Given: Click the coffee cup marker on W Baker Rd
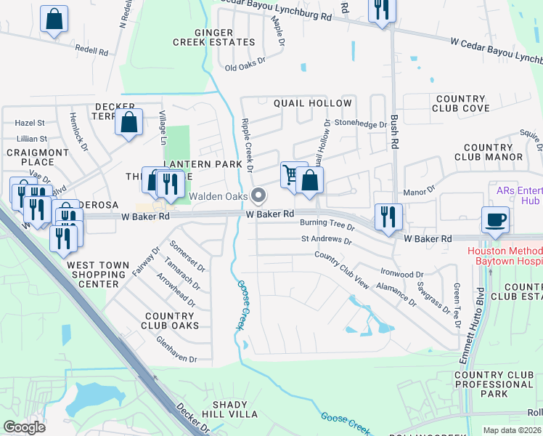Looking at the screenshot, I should pos(495,219).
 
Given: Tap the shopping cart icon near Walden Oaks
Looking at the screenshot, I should pos(293,175).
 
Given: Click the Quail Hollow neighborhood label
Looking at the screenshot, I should pos(312,103).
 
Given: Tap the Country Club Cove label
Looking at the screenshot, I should pos(461,103).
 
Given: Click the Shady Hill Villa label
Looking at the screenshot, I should pos(234,409).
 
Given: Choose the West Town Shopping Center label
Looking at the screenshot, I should pos(97,275).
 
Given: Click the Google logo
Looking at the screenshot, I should pos(24,428).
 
